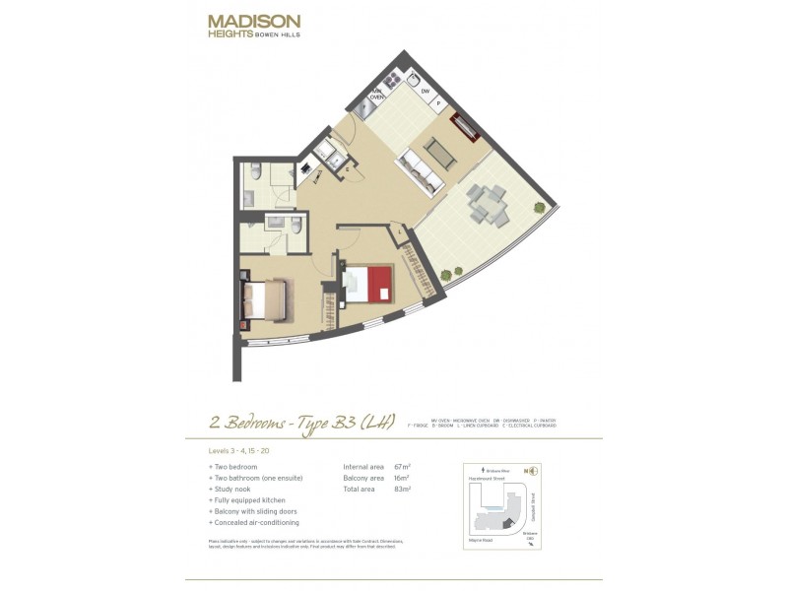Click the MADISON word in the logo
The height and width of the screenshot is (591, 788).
(254, 21)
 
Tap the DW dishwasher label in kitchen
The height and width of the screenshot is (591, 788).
(427, 92)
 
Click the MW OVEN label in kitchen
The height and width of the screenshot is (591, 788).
(375, 96)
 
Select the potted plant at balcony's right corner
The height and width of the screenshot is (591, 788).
(539, 207)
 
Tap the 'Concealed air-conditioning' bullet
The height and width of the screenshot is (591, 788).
(256, 523)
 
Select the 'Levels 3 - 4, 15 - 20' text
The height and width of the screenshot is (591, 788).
(240, 450)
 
